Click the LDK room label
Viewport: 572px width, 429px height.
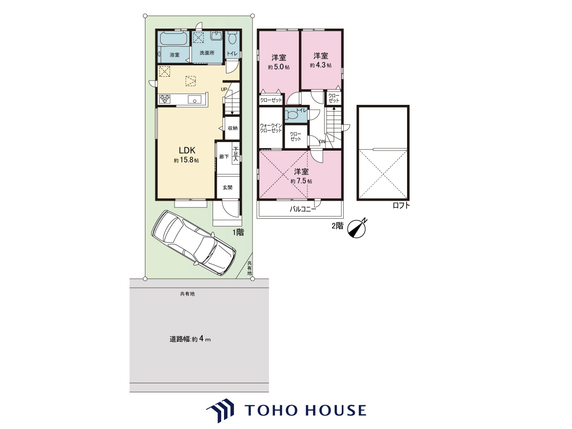186,150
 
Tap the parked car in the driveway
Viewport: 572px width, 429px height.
194,243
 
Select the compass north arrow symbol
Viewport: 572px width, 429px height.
357,228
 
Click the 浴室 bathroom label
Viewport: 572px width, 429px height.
174,55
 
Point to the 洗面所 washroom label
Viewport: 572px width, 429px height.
207,53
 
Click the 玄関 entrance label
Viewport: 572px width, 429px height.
227,187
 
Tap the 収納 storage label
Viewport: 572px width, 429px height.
233,128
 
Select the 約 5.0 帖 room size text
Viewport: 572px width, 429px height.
278,67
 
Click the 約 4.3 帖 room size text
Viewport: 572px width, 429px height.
320,65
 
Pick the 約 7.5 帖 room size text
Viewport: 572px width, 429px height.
301,181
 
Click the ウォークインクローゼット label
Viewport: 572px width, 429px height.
271,128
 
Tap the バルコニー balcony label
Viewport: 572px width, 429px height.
303,209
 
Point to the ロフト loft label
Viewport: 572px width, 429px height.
401,205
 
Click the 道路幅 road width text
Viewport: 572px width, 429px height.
180,339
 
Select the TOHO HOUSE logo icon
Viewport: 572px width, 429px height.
220,410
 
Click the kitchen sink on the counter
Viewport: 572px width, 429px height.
194,99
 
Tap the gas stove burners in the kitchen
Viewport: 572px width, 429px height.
165,99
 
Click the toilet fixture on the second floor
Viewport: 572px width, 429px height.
292,115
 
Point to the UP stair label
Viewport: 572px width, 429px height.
224,89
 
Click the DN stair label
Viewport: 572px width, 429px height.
322,142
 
